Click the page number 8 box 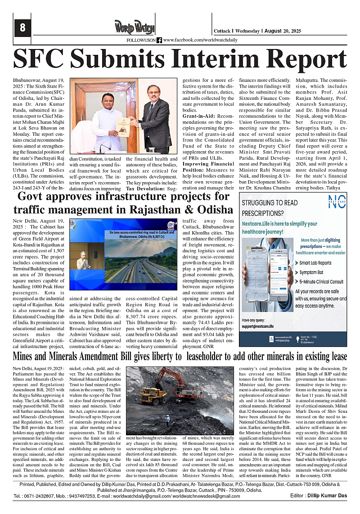22,28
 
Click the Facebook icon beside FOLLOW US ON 159,40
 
